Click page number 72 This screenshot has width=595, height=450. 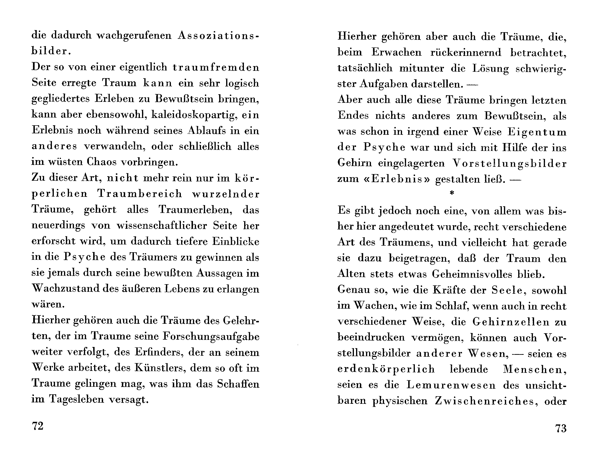[x=37, y=426]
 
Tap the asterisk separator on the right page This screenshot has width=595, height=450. [x=452, y=193]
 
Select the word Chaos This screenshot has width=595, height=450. [x=101, y=162]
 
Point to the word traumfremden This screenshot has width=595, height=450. [x=216, y=67]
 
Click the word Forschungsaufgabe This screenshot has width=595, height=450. [x=211, y=337]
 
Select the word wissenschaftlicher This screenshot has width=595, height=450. [x=162, y=225]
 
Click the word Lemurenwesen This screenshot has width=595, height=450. [x=451, y=385]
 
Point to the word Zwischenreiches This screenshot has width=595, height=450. [x=485, y=401]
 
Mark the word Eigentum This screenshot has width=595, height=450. [x=537, y=132]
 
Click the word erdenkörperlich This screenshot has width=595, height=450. [x=386, y=369]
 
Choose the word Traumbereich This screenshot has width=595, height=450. [x=140, y=193]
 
